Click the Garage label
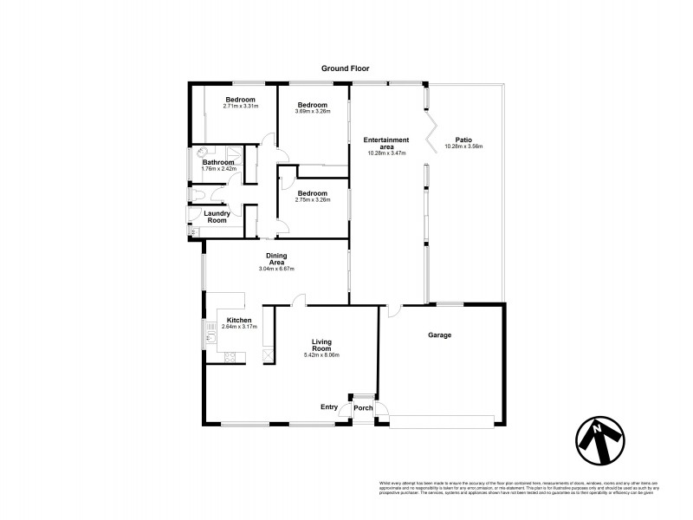pyautogui.click(x=441, y=335)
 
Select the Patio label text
pyautogui.click(x=463, y=140)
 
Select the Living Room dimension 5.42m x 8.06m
pyautogui.click(x=321, y=354)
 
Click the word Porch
pyautogui.click(x=362, y=408)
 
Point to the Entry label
pyautogui.click(x=329, y=406)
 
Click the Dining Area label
pyautogui.click(x=276, y=257)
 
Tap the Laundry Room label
pyautogui.click(x=216, y=217)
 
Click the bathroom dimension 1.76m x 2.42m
pyautogui.click(x=219, y=168)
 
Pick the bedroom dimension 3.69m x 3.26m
pyautogui.click(x=313, y=111)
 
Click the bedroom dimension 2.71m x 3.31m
pyautogui.click(x=240, y=106)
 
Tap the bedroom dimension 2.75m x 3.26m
pyautogui.click(x=312, y=199)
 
